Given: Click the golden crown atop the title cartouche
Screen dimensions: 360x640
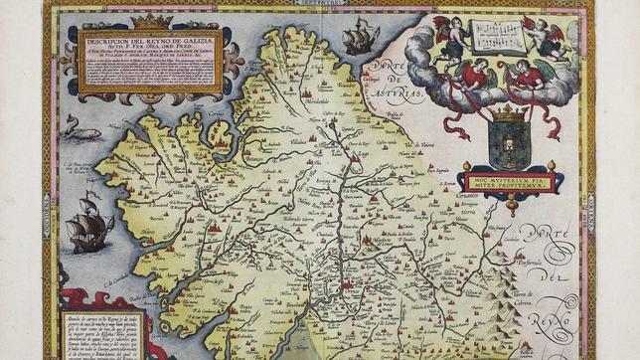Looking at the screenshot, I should (152, 21).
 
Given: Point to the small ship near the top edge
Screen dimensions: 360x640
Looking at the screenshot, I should (360, 39).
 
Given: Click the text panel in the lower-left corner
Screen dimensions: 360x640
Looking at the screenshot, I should (103, 334).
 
